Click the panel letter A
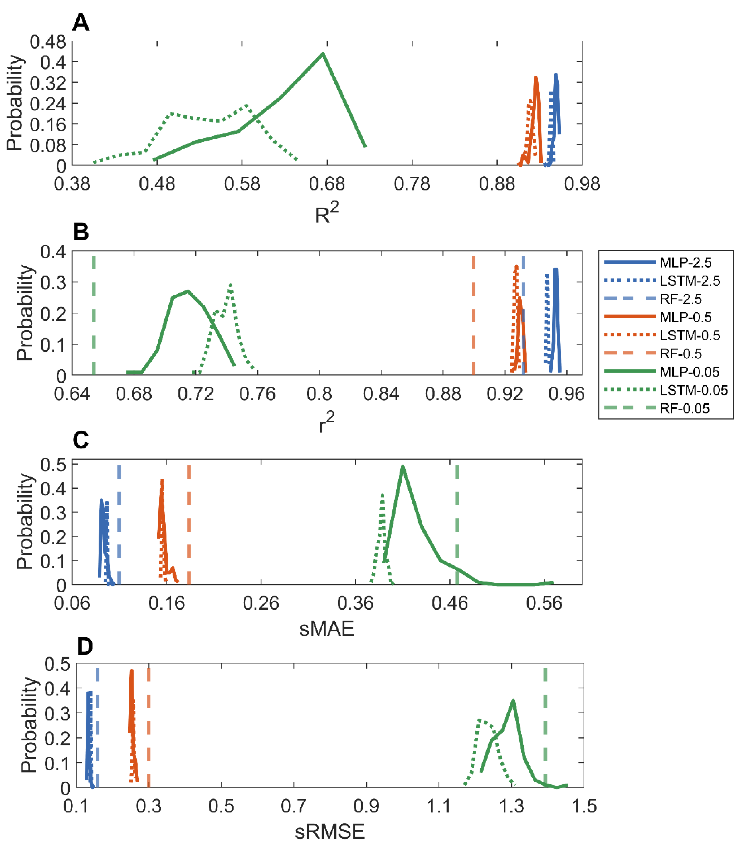pyautogui.click(x=80, y=22)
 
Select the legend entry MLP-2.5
pyautogui.click(x=685, y=262)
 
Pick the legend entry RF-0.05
pyautogui.click(x=684, y=408)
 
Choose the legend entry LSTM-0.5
pyautogui.click(x=690, y=335)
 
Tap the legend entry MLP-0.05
pyautogui.click(x=690, y=372)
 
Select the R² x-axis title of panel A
pyautogui.click(x=326, y=213)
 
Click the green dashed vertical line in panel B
pyautogui.click(x=94, y=314)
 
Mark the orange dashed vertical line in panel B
pyautogui.click(x=474, y=314)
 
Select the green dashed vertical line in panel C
pyautogui.click(x=457, y=524)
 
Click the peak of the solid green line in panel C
pyautogui.click(x=403, y=466)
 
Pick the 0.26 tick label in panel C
pyautogui.click(x=261, y=603)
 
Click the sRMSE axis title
pyautogui.click(x=329, y=831)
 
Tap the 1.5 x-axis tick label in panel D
pyautogui.click(x=584, y=806)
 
